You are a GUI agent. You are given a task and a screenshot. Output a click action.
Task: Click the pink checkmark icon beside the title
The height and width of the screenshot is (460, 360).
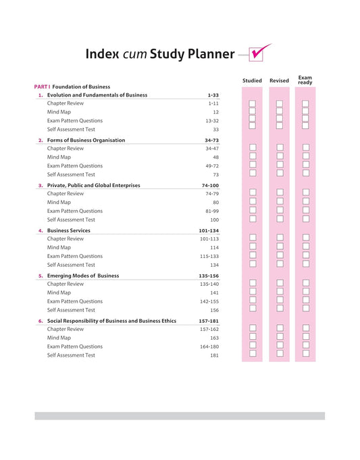(259, 53)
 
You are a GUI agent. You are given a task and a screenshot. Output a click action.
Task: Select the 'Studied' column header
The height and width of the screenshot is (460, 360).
(252, 80)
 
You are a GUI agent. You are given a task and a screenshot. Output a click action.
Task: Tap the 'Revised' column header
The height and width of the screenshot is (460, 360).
(279, 80)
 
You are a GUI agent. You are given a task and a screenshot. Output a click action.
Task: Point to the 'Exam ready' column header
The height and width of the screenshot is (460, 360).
(305, 80)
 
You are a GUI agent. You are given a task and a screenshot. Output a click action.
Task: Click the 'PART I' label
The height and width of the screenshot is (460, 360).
(42, 86)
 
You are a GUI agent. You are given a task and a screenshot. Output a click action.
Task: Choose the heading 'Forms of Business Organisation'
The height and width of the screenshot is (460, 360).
(86, 140)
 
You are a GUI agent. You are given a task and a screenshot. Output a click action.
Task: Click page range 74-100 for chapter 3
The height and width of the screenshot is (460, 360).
(210, 186)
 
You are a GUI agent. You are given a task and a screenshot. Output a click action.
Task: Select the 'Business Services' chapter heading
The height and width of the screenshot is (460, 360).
(68, 231)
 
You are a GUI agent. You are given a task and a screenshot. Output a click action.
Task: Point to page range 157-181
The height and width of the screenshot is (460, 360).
(209, 322)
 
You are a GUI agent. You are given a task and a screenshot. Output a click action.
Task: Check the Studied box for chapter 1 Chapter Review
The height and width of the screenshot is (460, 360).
(252, 103)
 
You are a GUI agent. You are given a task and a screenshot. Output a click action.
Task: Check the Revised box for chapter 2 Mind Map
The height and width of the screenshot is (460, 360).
(279, 157)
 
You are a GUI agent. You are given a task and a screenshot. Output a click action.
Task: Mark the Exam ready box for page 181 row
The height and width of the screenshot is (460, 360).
(305, 353)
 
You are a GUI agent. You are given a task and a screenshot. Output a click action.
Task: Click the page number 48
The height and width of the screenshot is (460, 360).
(215, 157)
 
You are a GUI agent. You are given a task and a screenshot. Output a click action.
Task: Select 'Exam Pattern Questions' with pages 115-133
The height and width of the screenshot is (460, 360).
(74, 257)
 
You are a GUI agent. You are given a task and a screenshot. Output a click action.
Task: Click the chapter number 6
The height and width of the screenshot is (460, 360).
(40, 322)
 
